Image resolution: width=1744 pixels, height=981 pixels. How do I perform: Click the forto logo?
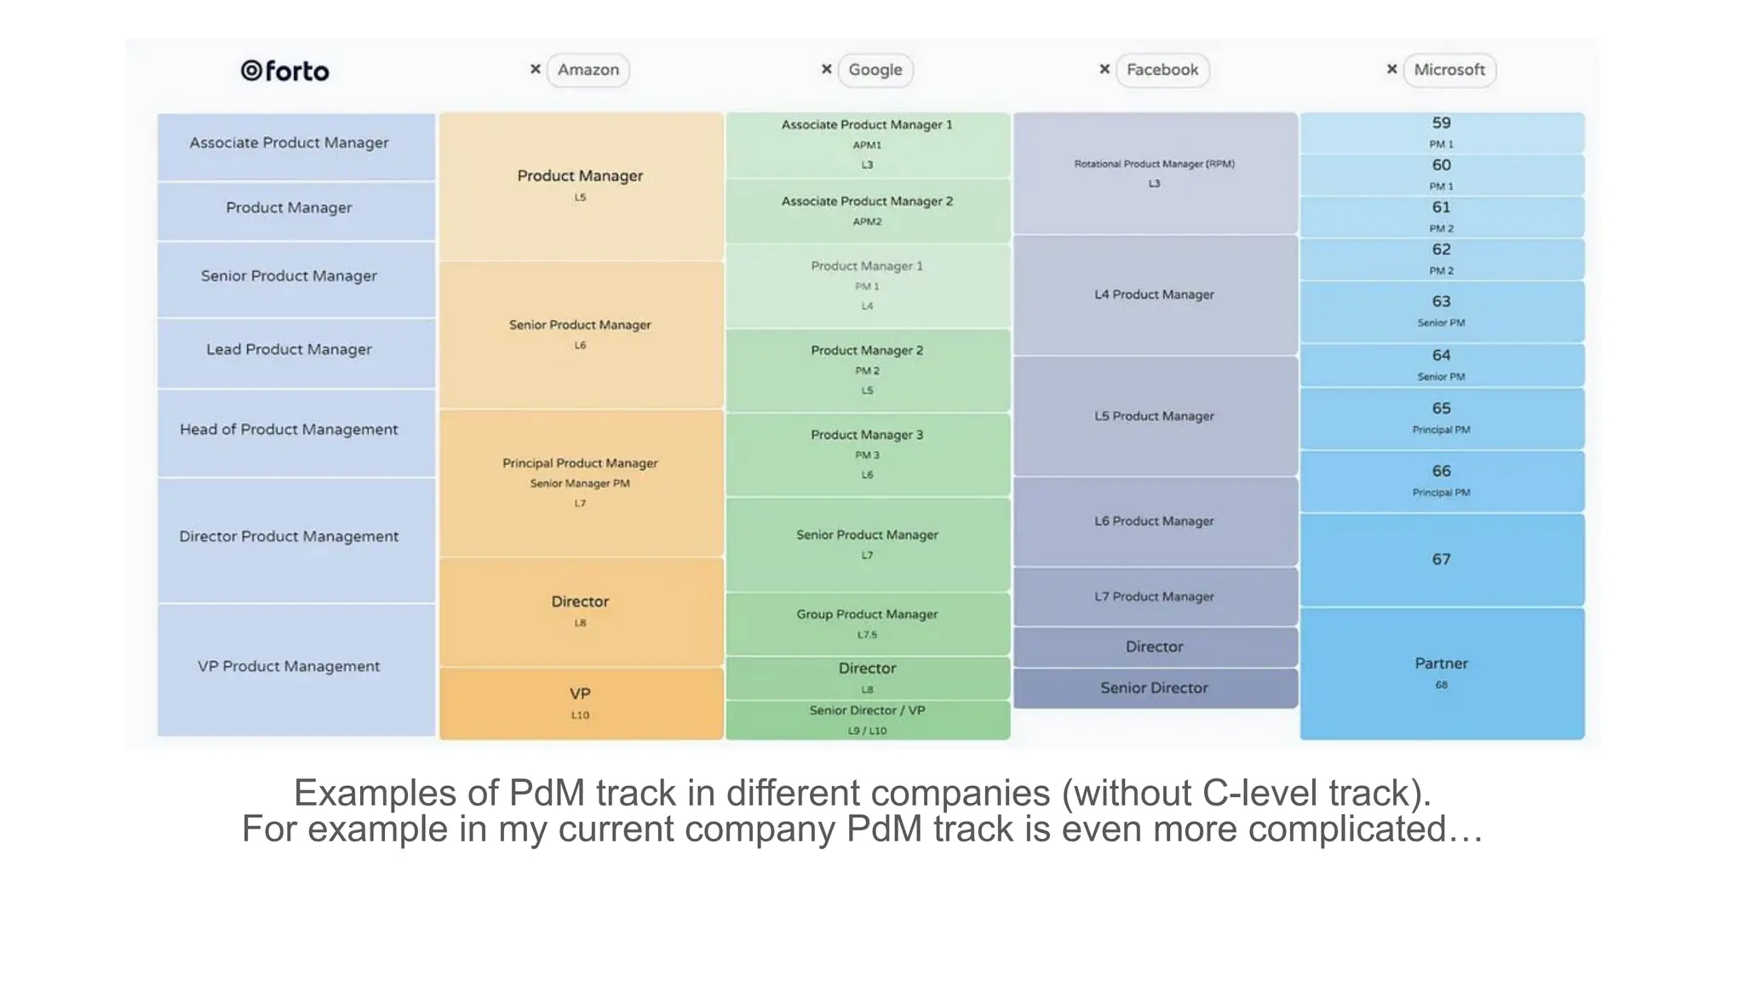point(284,71)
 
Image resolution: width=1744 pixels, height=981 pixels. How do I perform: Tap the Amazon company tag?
point(588,70)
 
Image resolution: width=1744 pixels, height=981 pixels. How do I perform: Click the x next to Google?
point(826,69)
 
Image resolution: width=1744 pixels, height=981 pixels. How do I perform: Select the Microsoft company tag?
point(1449,70)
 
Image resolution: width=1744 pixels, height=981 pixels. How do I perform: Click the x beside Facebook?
point(1104,69)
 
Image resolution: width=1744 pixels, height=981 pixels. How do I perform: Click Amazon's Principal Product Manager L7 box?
point(581,483)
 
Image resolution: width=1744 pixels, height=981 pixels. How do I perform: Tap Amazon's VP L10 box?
point(581,703)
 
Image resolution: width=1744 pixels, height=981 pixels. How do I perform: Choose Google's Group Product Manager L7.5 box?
point(868,623)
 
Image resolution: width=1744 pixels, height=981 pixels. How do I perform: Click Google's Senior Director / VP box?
point(868,720)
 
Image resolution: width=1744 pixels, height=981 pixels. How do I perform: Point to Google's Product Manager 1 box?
point(868,285)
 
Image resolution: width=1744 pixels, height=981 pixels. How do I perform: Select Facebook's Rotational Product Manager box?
point(1155,173)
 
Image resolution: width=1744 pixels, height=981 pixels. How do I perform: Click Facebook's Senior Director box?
point(1155,688)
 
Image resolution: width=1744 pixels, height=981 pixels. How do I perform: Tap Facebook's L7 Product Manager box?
point(1155,597)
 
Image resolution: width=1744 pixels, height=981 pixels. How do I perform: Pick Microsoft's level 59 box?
point(1442,132)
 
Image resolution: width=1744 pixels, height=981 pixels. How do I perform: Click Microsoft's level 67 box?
point(1442,559)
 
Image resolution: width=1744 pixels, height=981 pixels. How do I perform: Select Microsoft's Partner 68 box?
point(1442,673)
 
